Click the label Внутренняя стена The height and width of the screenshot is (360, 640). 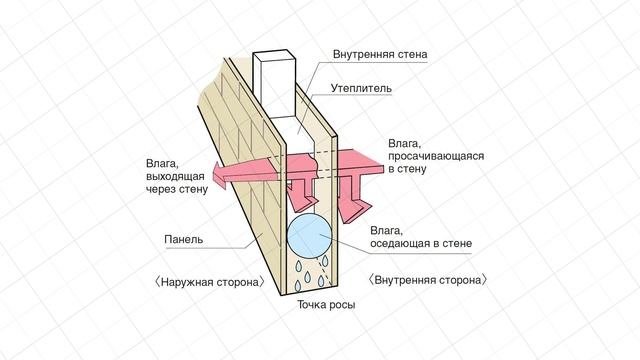tap(381, 55)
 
